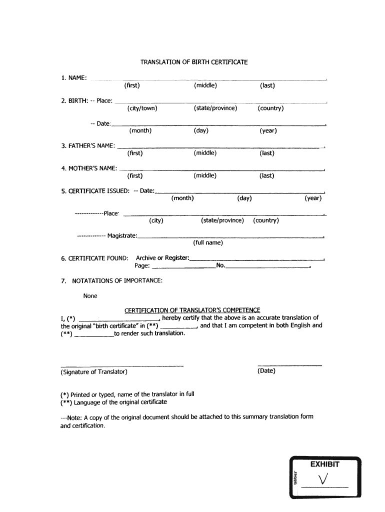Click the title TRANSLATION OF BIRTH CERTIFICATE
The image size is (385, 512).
(194, 62)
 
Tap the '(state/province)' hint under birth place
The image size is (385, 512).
(215, 108)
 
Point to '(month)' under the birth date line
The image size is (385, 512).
(140, 131)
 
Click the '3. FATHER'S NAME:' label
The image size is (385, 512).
(88, 145)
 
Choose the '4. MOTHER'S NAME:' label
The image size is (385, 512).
(89, 168)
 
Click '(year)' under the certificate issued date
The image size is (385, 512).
(313, 198)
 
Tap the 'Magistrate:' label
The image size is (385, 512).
(122, 235)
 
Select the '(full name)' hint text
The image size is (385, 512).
(208, 243)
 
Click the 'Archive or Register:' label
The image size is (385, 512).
(162, 258)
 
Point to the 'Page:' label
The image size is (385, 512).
(142, 265)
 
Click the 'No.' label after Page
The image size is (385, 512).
(220, 265)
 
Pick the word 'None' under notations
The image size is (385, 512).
(90, 296)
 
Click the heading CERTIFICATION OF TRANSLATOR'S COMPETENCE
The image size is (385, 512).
(192, 310)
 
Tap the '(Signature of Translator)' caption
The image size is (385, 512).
(93, 371)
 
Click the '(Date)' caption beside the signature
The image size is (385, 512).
(266, 371)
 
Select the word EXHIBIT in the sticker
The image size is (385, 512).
(324, 464)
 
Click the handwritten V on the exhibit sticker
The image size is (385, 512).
(323, 480)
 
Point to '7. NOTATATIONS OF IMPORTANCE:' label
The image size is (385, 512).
(112, 280)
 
